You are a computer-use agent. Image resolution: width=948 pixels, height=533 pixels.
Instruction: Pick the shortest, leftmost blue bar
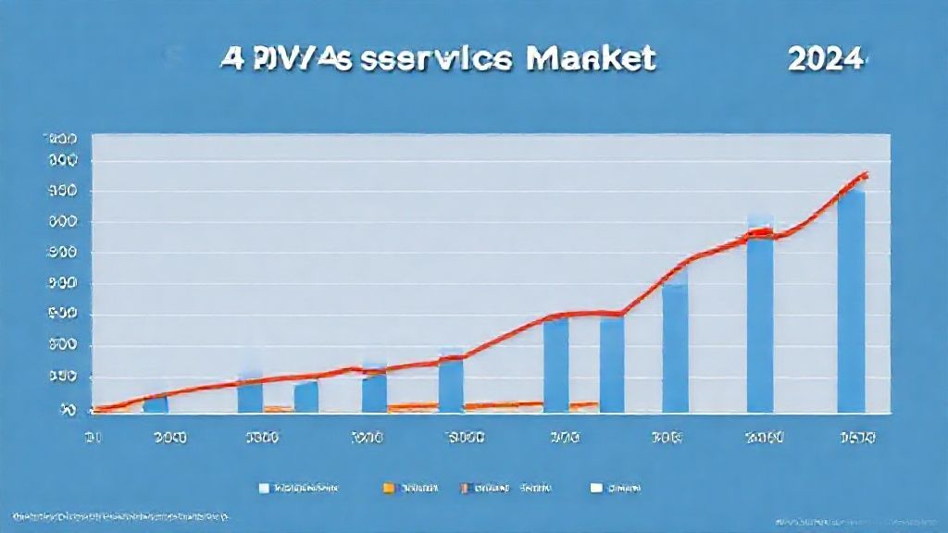click(x=156, y=403)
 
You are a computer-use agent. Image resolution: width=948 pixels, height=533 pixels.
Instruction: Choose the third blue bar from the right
click(x=675, y=347)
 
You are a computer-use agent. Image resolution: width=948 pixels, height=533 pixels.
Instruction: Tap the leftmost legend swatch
click(x=265, y=486)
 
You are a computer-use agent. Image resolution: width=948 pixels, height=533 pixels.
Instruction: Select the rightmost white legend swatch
click(x=596, y=486)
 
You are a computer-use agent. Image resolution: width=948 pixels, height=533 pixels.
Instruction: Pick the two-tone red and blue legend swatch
click(x=468, y=486)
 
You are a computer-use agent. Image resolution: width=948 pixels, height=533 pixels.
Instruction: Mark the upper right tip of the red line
click(x=867, y=173)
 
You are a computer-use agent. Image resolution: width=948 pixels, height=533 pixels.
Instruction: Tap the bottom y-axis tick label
click(x=68, y=408)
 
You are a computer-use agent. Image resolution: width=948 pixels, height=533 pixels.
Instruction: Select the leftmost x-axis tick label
click(x=93, y=437)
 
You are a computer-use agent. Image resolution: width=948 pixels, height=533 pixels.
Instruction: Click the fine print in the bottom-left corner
click(x=120, y=515)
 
